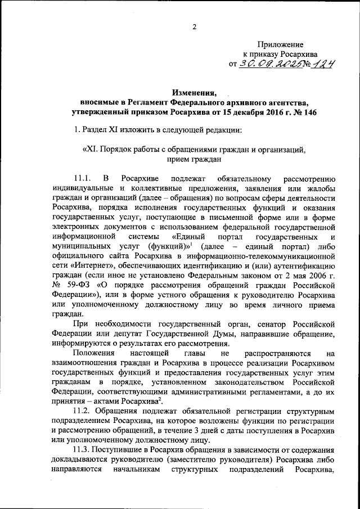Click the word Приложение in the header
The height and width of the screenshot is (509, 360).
click(280, 43)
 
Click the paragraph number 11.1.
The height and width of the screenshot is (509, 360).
click(83, 179)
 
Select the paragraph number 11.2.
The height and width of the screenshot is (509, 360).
click(83, 413)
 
